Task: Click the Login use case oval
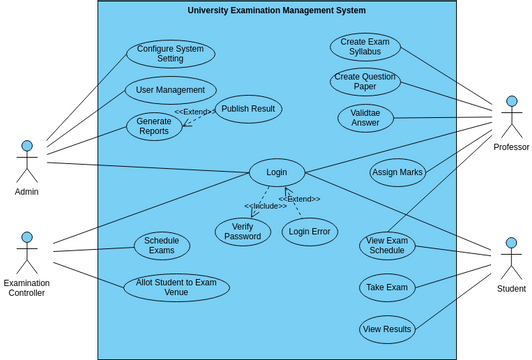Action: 276,173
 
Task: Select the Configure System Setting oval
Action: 170,54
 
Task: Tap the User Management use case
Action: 170,90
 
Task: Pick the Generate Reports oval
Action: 154,126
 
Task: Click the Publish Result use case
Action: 248,108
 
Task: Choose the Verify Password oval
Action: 242,231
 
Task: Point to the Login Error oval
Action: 309,232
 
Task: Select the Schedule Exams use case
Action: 162,245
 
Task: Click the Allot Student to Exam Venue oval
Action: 176,288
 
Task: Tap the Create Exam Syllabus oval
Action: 365,47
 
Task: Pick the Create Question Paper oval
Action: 365,82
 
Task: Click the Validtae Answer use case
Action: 365,118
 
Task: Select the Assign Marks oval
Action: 397,173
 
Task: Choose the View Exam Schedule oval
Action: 387,245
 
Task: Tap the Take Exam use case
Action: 387,288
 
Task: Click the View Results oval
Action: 387,328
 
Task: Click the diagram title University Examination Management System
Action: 277,11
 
